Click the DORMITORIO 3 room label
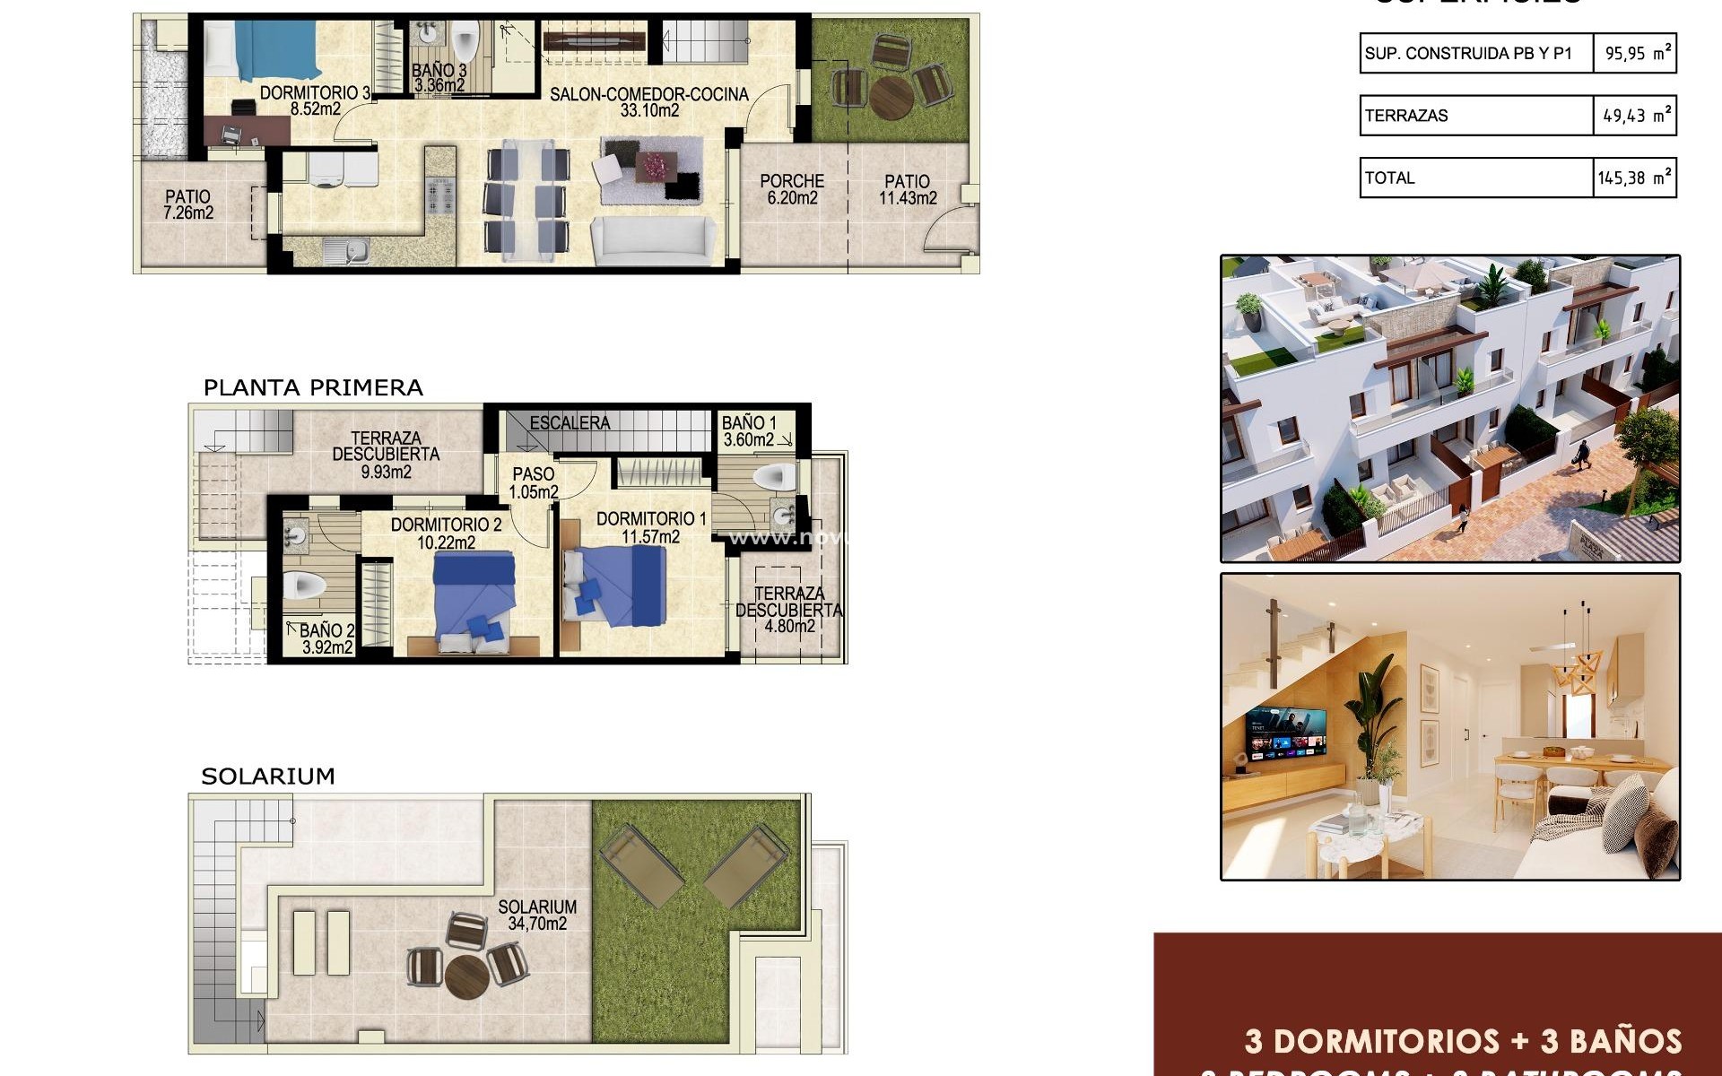(x=315, y=93)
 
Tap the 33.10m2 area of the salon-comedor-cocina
(x=649, y=111)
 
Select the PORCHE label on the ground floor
(x=792, y=181)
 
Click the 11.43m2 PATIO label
(x=908, y=190)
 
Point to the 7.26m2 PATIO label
(x=188, y=204)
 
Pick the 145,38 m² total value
(x=1634, y=178)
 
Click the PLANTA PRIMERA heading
(x=313, y=388)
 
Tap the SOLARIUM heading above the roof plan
(x=267, y=777)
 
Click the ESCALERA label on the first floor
(x=570, y=423)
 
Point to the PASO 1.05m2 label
(x=534, y=482)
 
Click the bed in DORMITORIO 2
(x=474, y=596)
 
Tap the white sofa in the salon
(x=653, y=242)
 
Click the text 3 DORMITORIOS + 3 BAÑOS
(x=1462, y=1041)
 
